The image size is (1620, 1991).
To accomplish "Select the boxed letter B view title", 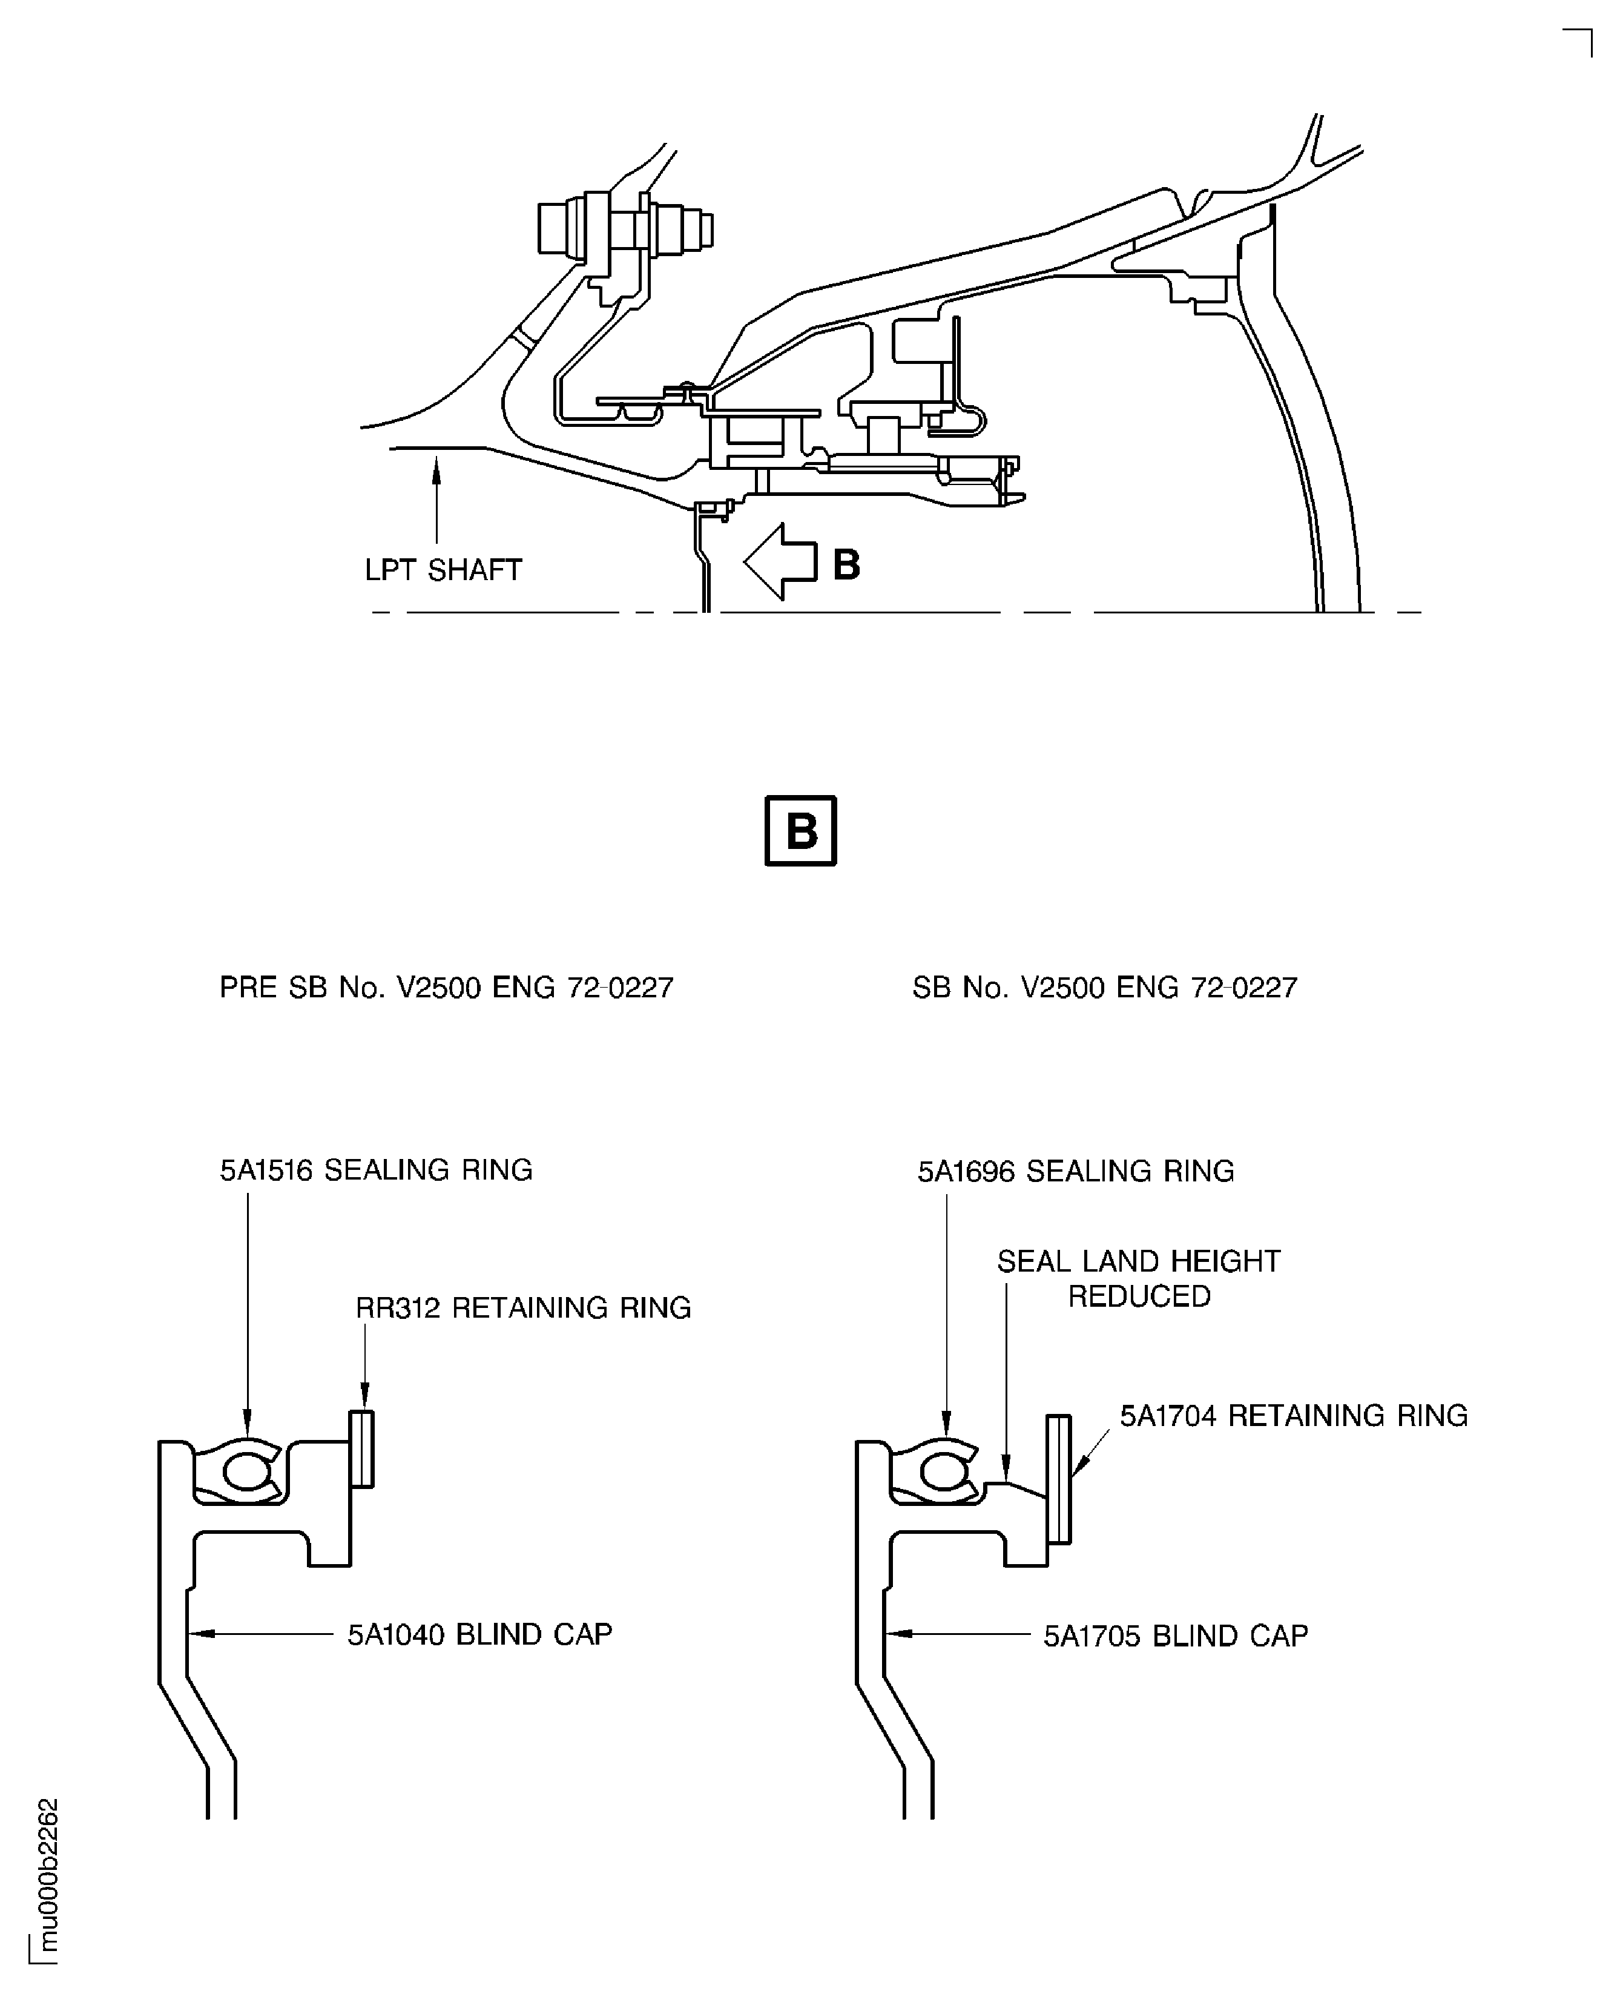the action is coord(801,831).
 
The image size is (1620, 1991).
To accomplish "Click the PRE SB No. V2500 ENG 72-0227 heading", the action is coord(446,988).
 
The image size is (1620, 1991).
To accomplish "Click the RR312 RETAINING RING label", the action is coord(524,1308).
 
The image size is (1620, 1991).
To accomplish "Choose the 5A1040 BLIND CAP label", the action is coord(479,1634).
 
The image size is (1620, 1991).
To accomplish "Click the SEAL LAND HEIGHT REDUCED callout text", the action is coord(1139,1279).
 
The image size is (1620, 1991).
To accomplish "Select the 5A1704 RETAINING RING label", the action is coord(1293,1415).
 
